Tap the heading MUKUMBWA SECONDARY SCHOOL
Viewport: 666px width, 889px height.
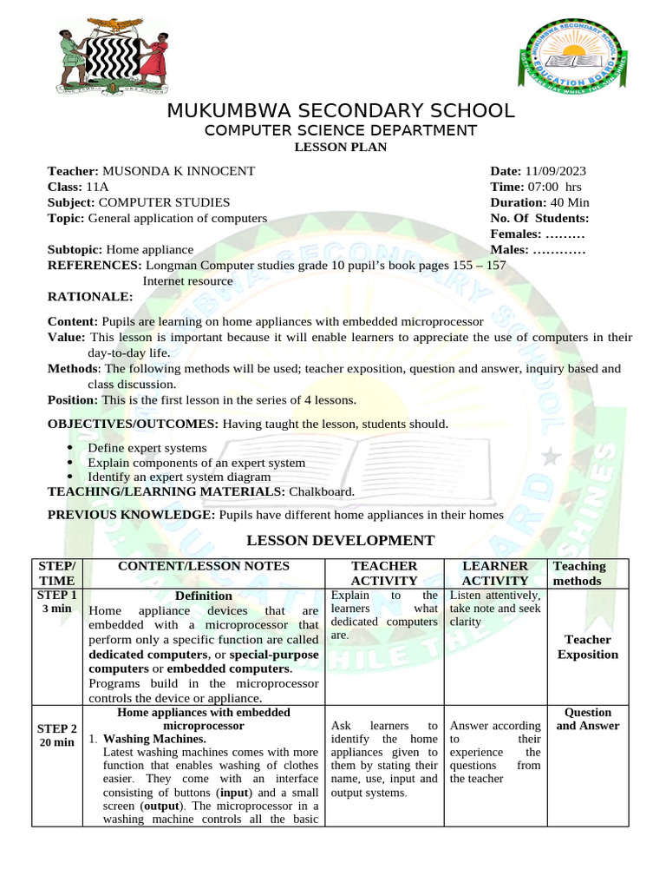(340, 111)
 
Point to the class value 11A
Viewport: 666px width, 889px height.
(97, 187)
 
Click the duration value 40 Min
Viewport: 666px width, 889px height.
(564, 202)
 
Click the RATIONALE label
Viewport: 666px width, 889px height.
(90, 297)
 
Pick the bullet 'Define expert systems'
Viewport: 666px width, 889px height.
(147, 448)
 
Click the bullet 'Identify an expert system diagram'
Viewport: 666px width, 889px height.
(180, 477)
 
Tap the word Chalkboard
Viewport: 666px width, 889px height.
(326, 491)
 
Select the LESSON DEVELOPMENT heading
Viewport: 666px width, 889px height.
(341, 540)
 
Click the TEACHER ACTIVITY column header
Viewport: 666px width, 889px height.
(383, 573)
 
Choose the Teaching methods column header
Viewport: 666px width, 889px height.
(578, 573)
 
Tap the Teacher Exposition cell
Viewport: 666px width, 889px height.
(587, 647)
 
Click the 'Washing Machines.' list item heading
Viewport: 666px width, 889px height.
(154, 739)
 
